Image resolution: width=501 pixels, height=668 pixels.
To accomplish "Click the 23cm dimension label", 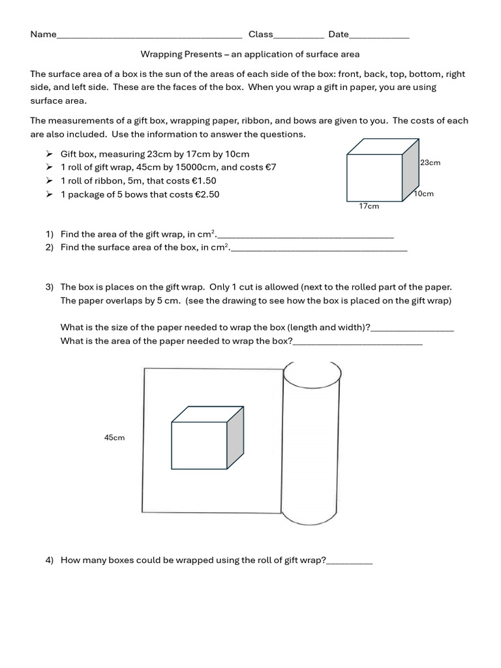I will (x=430, y=162).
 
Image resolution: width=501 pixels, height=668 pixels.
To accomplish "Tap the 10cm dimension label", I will (x=423, y=194).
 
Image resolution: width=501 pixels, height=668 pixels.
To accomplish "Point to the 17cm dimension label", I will (x=369, y=206).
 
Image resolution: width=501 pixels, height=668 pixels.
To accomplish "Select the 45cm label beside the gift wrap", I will (x=114, y=438).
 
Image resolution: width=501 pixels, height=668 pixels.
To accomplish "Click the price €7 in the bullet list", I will (x=271, y=168).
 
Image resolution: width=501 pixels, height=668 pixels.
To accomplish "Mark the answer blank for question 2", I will (x=319, y=250).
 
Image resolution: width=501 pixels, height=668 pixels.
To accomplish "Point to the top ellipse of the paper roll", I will (x=311, y=372).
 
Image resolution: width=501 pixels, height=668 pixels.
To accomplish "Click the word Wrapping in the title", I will (x=159, y=54).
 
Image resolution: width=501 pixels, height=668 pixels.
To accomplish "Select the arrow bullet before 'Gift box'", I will (x=50, y=154).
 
